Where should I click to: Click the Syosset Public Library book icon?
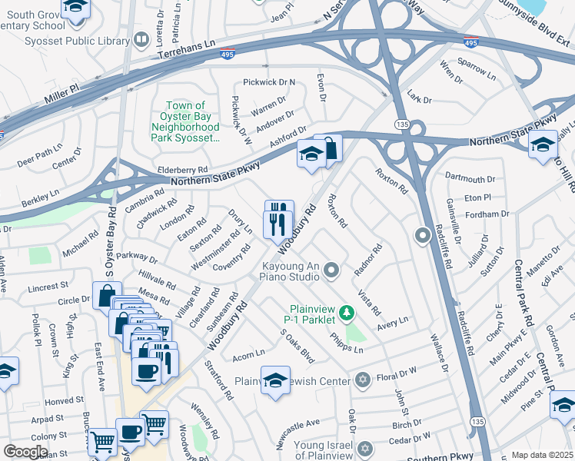click(141, 38)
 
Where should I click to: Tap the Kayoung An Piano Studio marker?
click(331, 269)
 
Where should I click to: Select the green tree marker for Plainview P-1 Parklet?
click(347, 313)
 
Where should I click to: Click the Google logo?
click(26, 451)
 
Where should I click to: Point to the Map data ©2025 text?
click(542, 455)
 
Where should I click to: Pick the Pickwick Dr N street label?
click(269, 81)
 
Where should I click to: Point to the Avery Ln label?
click(392, 323)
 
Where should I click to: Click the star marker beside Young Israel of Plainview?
click(366, 447)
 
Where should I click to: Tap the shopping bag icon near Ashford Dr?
click(329, 148)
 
